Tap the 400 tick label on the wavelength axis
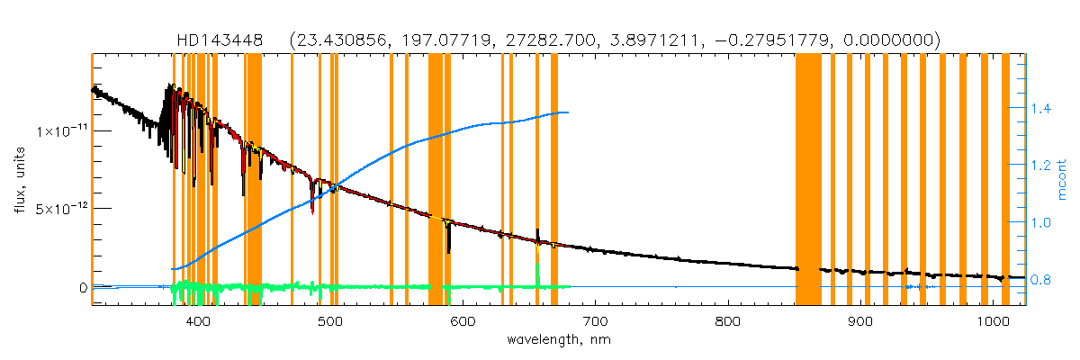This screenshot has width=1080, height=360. tap(197, 321)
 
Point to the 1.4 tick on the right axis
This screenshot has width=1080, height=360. tap(1040, 109)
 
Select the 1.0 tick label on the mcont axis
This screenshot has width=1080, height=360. tap(1040, 222)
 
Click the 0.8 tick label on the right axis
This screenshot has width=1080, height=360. tap(1040, 280)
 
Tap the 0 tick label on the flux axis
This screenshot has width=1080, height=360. tap(83, 288)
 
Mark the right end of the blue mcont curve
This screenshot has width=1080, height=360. tap(567, 112)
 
